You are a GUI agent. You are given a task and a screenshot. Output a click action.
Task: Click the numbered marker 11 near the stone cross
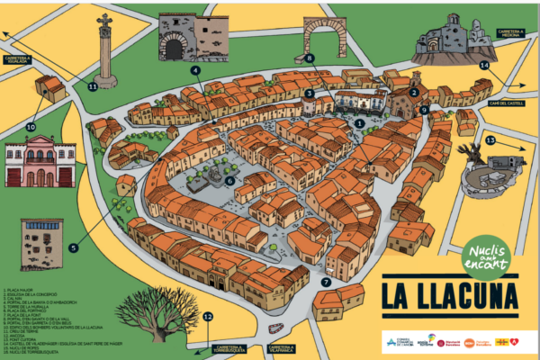[93, 87]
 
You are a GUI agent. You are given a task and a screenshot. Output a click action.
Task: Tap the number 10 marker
[31, 128]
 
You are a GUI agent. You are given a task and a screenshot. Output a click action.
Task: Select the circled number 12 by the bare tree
[207, 316]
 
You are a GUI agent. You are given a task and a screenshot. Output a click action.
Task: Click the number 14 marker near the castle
[484, 65]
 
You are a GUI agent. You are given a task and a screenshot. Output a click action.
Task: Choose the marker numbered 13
[490, 140]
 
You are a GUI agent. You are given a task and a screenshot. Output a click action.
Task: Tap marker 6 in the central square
[229, 180]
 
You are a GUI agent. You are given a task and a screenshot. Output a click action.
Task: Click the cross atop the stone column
[104, 21]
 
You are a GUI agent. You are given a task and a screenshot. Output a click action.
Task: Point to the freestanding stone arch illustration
[323, 37]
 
